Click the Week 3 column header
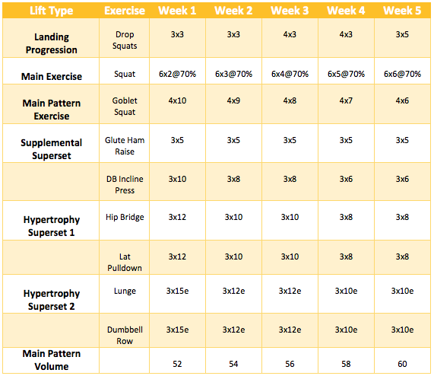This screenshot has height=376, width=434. [290, 11]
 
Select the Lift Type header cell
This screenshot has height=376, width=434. [52, 11]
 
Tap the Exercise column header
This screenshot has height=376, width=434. [125, 11]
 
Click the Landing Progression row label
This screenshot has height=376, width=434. [52, 43]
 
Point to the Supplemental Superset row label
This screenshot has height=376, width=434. [52, 149]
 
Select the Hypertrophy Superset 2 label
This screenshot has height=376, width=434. [52, 300]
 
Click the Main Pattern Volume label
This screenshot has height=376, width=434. [52, 360]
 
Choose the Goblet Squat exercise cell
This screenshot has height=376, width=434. [125, 106]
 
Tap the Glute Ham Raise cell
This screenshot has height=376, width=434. [125, 145]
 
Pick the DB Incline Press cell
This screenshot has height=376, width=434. [125, 184]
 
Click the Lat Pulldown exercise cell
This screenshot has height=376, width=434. [125, 262]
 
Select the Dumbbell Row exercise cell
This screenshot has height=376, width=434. [125, 335]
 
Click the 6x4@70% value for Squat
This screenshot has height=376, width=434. [290, 74]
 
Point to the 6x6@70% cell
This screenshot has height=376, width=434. [402, 74]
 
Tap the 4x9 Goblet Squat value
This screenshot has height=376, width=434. [233, 100]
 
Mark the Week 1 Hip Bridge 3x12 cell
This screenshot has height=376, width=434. [177, 217]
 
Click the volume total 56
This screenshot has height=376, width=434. [290, 364]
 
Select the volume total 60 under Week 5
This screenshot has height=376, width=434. [402, 364]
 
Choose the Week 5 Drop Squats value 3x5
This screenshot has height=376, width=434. [402, 34]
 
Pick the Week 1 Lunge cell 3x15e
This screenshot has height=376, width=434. [177, 291]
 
